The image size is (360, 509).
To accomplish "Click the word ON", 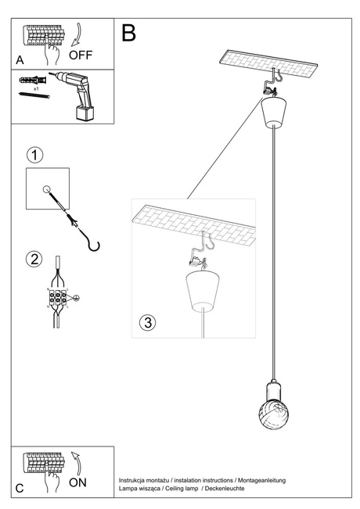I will (78, 482).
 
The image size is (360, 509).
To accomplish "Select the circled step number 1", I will (34, 155).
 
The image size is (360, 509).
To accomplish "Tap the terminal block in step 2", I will (57, 298).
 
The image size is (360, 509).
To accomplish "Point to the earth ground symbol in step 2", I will (77, 297).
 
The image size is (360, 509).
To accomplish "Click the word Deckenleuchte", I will (224, 488).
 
